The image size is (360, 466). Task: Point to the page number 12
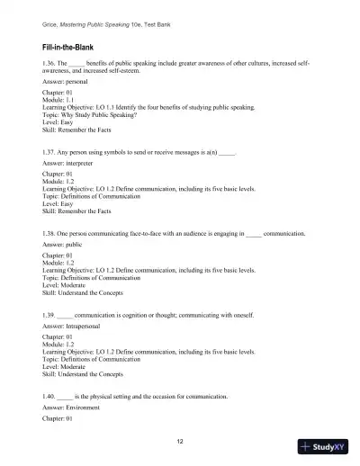(x=181, y=442)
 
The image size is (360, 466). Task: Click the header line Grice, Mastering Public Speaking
(x=103, y=19)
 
